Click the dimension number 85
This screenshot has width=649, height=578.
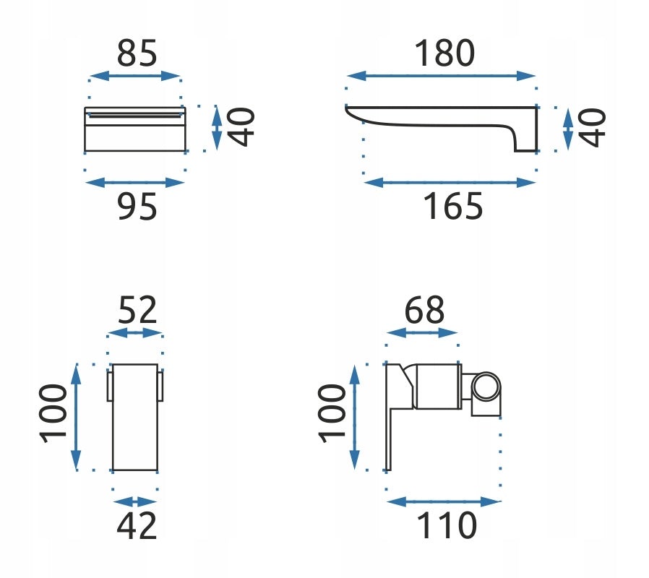click(137, 53)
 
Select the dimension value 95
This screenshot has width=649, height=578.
click(137, 207)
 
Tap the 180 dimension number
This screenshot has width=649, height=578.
click(444, 53)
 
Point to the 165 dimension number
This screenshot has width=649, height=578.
click(453, 207)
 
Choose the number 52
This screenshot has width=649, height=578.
click(137, 310)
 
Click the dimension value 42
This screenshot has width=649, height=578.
click(137, 525)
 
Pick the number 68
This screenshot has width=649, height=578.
click(424, 310)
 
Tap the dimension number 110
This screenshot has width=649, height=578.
click(447, 525)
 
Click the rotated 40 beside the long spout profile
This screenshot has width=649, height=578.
click(592, 127)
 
